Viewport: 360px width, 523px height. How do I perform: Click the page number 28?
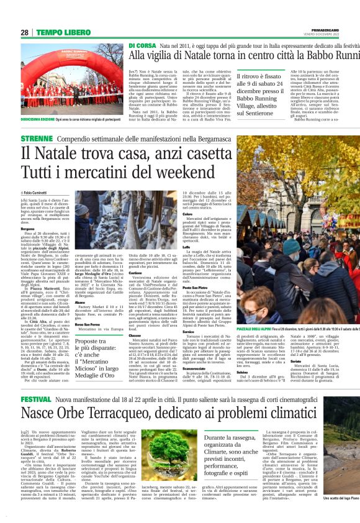[24, 32]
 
